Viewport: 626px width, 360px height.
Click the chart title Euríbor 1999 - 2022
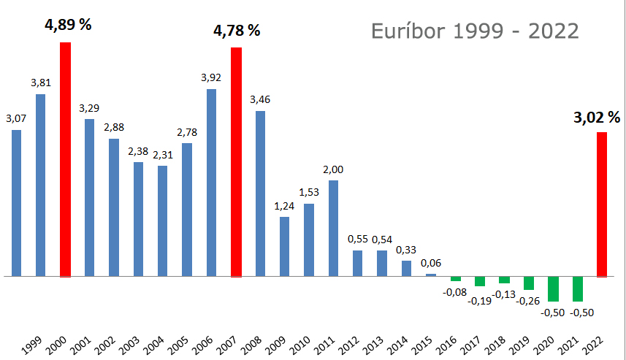point(475,31)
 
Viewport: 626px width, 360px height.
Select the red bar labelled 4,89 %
point(65,159)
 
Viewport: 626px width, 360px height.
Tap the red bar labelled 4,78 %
point(236,161)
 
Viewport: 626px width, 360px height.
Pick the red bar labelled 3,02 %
point(602,204)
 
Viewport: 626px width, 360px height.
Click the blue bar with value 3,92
point(211,183)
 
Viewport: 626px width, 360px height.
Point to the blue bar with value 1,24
point(284,247)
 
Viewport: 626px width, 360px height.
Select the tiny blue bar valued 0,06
point(431,275)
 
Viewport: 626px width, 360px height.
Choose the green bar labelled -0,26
point(529,283)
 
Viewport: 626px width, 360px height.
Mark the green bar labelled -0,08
point(456,279)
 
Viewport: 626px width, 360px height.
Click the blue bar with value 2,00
point(333,229)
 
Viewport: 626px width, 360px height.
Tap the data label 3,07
point(16,118)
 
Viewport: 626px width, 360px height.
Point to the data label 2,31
point(162,154)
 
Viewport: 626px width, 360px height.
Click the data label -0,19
point(481,299)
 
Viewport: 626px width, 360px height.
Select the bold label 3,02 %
point(596,118)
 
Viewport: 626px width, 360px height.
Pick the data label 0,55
point(358,239)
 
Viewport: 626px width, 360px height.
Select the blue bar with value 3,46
point(260,194)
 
